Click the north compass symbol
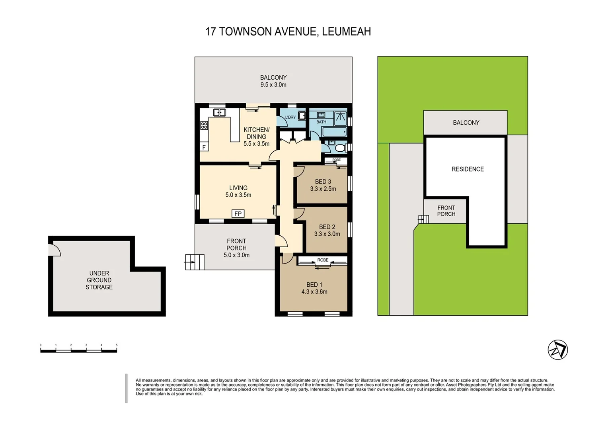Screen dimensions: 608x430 pos(557,350)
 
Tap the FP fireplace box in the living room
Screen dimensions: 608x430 pos(238,213)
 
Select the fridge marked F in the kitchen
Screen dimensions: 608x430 pos(204,147)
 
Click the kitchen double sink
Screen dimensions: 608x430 pos(219,112)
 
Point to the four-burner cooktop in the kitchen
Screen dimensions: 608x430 pos(204,125)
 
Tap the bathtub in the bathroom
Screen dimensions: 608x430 pos(334,132)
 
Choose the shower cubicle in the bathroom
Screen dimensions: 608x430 pos(340,118)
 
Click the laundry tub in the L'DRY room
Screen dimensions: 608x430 pos(302,116)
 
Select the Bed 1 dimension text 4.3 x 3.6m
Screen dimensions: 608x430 pos(314,292)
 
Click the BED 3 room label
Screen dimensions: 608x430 pos(323,182)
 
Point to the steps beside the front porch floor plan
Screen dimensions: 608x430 pos(195,262)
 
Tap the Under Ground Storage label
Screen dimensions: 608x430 pos(99,280)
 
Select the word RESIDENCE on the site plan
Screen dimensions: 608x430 pos(468,169)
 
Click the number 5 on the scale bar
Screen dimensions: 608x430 pos(117,345)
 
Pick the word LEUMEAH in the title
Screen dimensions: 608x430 pos(346,31)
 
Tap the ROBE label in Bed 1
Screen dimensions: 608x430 pos(323,260)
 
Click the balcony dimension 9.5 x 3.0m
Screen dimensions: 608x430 pos(273,85)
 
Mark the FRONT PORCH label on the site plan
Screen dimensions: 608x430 pos(446,211)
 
